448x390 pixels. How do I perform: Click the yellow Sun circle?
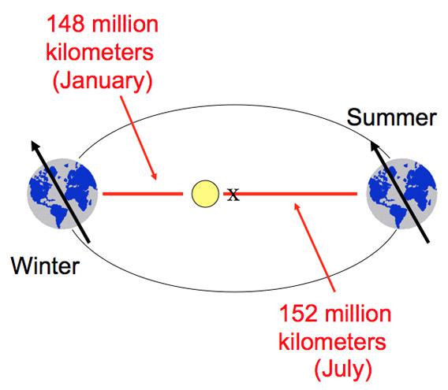[x=205, y=194]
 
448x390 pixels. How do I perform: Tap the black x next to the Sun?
[x=233, y=195]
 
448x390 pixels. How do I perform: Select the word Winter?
[x=45, y=266]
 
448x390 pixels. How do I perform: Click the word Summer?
[x=391, y=117]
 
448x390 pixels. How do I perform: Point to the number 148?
[x=65, y=24]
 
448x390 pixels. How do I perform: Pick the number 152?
[x=298, y=314]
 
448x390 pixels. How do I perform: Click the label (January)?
[x=103, y=81]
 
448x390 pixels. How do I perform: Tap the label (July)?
[x=343, y=370]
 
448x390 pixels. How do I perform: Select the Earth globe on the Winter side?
[x=62, y=194]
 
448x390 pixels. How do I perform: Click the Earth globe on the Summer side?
[x=401, y=194]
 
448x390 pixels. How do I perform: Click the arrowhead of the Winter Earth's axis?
[x=35, y=145]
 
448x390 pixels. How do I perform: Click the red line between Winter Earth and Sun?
[x=143, y=194]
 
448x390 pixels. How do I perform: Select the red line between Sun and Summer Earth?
[x=290, y=194]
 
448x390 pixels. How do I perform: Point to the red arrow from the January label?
[x=139, y=138]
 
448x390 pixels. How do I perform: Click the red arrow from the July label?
[x=315, y=247]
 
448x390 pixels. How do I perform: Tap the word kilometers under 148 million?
[x=99, y=52]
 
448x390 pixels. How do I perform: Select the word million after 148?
[x=125, y=24]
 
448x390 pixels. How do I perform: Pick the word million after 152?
[x=358, y=314]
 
